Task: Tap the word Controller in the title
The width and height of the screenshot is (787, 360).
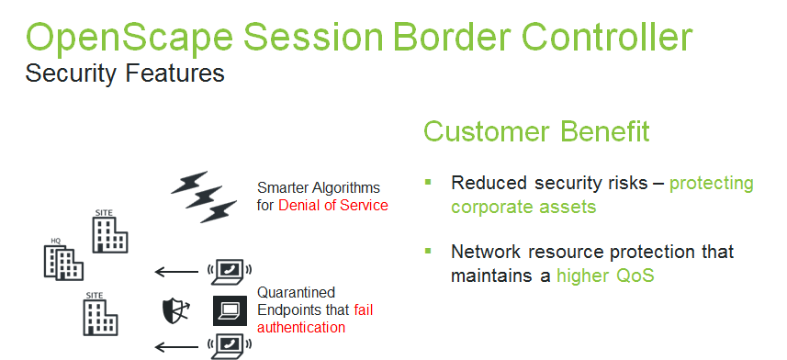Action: click(x=607, y=36)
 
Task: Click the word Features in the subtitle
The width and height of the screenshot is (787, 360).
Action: click(x=175, y=73)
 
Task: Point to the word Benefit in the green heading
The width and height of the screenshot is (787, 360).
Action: click(x=605, y=131)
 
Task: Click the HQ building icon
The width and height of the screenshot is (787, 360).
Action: click(x=63, y=259)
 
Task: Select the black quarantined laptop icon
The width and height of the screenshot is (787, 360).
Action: click(x=230, y=310)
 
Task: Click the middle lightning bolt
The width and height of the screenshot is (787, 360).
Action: click(x=203, y=197)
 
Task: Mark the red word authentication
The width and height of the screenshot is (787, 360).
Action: click(x=301, y=327)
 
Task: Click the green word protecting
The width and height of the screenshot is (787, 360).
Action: click(x=712, y=185)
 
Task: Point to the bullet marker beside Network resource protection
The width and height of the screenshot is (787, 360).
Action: click(x=428, y=251)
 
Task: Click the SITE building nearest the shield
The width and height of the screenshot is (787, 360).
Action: click(x=100, y=314)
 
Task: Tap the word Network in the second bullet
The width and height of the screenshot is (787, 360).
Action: click(x=486, y=251)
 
